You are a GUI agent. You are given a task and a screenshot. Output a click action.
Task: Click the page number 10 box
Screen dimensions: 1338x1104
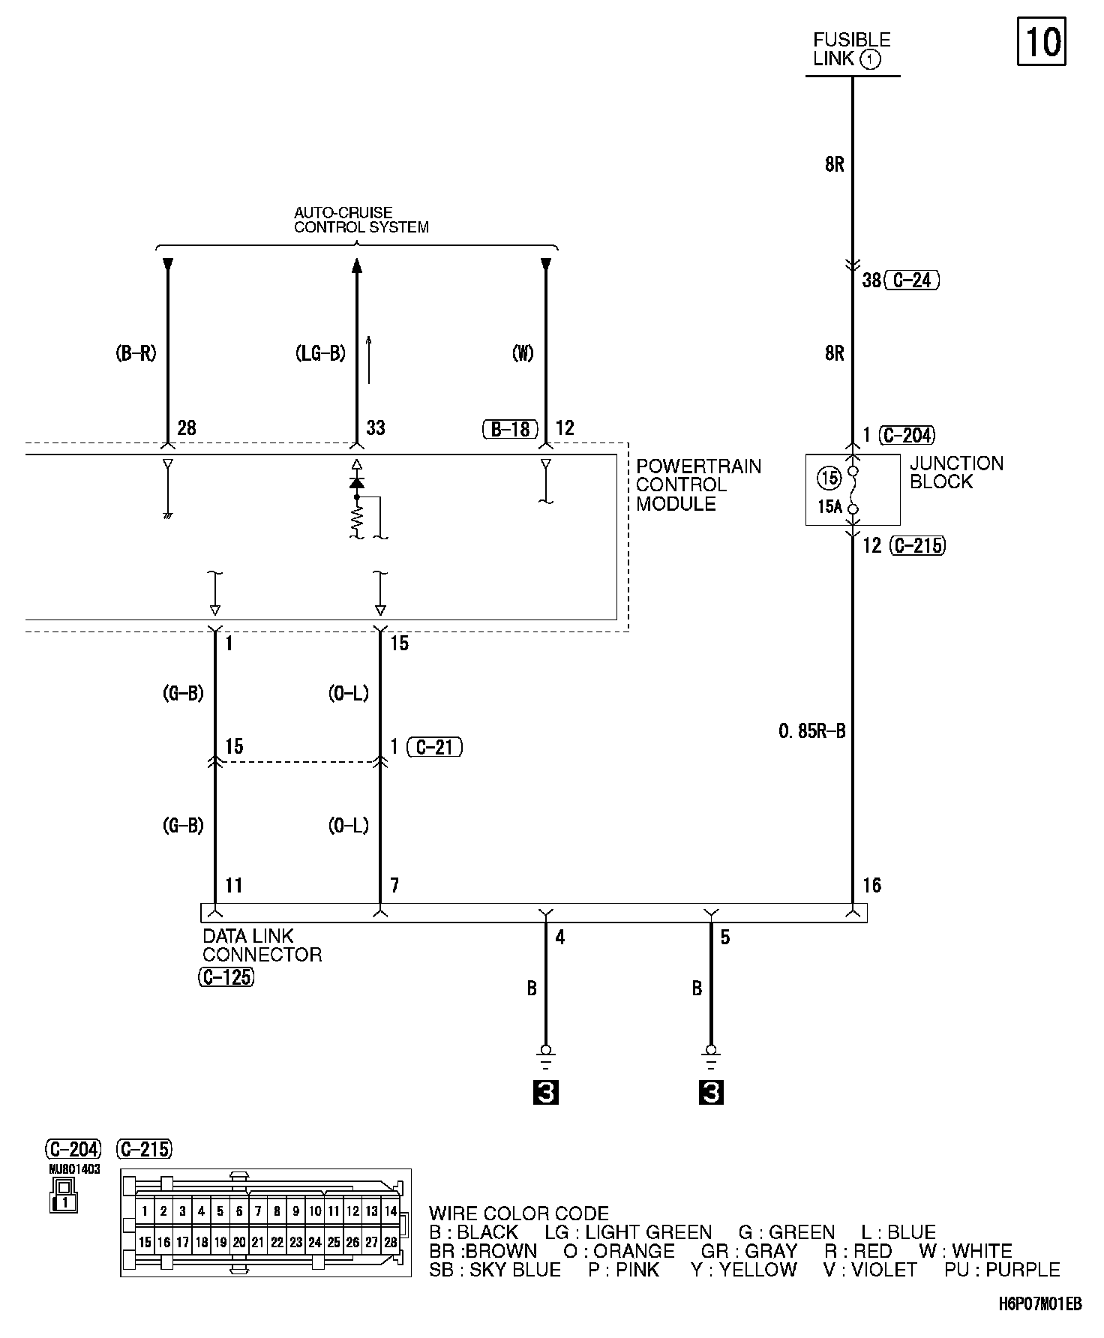1042,42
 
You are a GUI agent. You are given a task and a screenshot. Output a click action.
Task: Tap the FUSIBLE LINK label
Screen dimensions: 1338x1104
851,49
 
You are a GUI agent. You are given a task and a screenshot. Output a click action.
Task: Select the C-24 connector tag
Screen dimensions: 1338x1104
912,280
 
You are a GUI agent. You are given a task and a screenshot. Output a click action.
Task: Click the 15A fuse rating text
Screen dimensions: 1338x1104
829,507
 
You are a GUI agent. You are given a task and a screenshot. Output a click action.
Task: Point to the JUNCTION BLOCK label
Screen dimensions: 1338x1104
956,472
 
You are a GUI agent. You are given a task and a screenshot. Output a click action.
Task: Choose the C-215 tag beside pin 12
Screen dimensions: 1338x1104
917,545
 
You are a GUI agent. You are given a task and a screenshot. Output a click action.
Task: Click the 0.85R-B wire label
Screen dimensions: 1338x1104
812,731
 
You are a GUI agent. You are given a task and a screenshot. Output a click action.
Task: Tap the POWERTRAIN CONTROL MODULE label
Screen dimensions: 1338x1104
698,485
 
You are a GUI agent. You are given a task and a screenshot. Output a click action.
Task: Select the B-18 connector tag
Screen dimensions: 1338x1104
510,429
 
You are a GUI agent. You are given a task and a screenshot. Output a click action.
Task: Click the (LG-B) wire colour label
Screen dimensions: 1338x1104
320,353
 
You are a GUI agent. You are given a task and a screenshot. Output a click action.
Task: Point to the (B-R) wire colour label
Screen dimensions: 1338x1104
136,353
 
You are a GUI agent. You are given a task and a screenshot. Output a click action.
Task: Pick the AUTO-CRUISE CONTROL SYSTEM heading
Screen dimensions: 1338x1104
361,220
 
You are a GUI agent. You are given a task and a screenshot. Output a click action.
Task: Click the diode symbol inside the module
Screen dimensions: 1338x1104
357,482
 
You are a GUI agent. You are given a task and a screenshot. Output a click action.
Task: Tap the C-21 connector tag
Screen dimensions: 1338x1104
435,747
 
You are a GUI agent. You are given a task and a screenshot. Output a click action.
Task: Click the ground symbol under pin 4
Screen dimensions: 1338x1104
546,1057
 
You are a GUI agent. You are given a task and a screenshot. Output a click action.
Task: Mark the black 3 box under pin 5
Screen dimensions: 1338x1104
711,1093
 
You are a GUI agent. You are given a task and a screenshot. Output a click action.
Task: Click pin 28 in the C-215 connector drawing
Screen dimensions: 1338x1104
390,1243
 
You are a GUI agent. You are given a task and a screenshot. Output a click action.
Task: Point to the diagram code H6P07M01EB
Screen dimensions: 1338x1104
1039,1304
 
